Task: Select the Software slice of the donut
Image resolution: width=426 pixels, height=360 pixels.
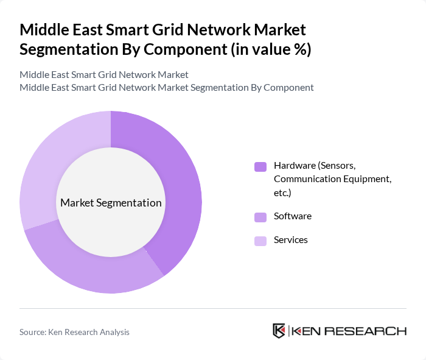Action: pos(91,268)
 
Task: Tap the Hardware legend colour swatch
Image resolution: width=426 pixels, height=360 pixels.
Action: pos(260,166)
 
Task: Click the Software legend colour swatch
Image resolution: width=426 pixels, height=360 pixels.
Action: pos(260,217)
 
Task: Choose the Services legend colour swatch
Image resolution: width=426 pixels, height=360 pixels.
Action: pos(260,241)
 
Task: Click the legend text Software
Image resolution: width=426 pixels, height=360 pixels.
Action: pos(293,216)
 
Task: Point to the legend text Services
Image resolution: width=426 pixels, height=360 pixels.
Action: pos(291,240)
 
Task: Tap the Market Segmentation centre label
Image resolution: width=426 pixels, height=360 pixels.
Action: pos(111,203)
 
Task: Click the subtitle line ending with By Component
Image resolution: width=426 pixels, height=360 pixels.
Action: pos(167,87)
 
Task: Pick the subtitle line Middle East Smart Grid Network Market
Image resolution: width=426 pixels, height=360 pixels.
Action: pos(104,74)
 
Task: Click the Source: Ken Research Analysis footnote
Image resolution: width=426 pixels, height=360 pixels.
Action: pos(74,332)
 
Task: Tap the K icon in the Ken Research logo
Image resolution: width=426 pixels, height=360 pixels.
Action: pos(279,331)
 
